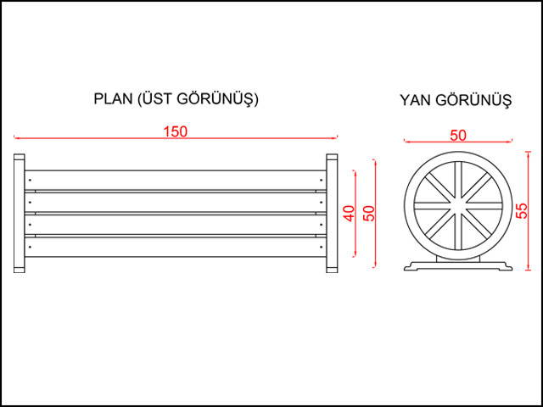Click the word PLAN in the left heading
(x=113, y=99)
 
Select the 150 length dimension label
(x=176, y=131)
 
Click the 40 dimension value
(x=350, y=213)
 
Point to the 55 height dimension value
(x=522, y=210)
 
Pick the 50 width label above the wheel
(x=458, y=136)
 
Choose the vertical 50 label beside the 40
(x=370, y=213)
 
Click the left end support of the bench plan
(x=19, y=213)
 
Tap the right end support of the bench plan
(x=332, y=213)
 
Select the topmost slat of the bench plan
(x=176, y=180)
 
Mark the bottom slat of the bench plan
(x=176, y=247)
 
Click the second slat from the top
(x=176, y=202)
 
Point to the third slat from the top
(x=176, y=225)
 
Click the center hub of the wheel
(x=458, y=206)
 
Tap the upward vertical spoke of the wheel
(x=458, y=181)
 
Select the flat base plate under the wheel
(x=458, y=265)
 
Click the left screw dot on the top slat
(x=31, y=180)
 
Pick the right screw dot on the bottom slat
(x=321, y=247)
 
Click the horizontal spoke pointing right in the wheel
(x=484, y=206)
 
